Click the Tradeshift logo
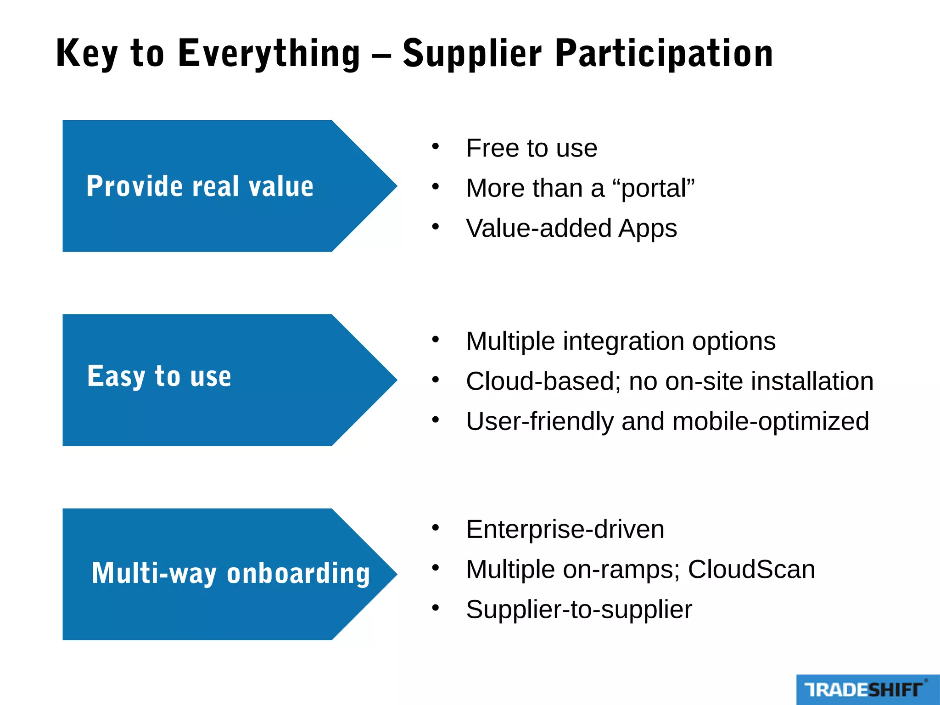click(865, 689)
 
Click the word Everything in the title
click(269, 54)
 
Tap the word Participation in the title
click(664, 54)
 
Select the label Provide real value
click(200, 186)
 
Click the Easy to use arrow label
click(159, 376)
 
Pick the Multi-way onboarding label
click(230, 573)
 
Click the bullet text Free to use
click(532, 148)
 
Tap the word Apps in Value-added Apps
click(647, 229)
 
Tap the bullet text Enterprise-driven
click(565, 529)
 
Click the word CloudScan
click(751, 570)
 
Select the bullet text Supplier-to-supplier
click(579, 610)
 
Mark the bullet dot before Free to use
click(435, 147)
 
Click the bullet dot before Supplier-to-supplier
click(435, 608)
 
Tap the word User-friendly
click(539, 421)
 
